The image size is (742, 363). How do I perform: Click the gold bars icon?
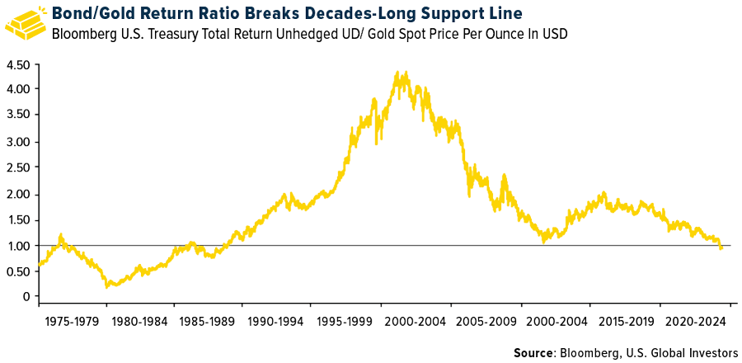coord(26,22)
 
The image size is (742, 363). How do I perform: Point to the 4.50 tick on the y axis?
coord(18,65)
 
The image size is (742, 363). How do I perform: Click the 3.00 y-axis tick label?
coord(18,141)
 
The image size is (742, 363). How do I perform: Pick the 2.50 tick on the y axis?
coord(18,167)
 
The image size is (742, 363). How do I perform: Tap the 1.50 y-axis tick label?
coord(18,220)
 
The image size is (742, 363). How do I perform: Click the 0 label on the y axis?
coord(26,297)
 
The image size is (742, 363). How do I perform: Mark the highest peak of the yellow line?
coord(398,72)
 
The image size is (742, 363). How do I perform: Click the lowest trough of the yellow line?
coord(107,286)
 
